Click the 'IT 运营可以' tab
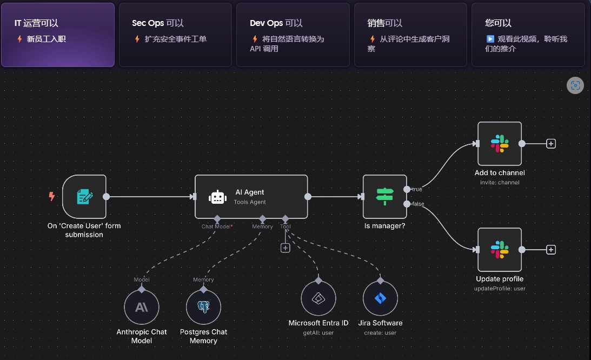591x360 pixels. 58,35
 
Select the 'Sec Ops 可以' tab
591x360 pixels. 175,35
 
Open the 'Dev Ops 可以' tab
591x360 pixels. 293,35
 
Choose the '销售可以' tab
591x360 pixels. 410,35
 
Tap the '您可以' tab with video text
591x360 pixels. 528,35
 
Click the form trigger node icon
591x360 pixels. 84,197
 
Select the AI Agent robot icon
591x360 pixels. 217,197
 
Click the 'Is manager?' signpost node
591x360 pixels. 384,197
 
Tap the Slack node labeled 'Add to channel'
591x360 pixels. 500,144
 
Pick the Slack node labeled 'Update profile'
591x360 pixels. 500,250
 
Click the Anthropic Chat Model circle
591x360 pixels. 141,307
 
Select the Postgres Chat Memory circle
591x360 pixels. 203,307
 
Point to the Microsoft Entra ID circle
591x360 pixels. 318,298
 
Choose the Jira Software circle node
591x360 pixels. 380,298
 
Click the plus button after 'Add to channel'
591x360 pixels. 551,144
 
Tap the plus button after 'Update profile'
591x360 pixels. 551,250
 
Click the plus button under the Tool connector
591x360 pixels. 285,248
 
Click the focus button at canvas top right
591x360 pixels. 575,85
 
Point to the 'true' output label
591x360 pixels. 417,190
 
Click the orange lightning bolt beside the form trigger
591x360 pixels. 52,197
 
